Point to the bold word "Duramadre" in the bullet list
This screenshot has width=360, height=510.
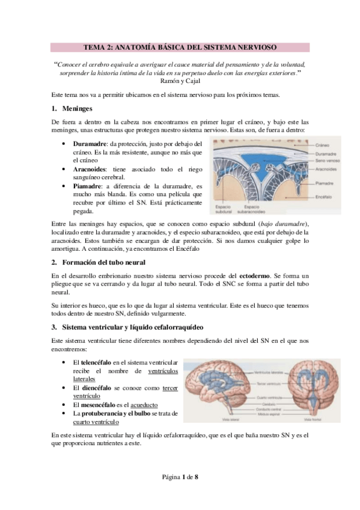pos(90,145)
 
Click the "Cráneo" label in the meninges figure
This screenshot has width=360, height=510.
pos(323,146)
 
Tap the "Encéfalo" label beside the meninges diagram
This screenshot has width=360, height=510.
pos(324,196)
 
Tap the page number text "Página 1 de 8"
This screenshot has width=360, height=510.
pos(180,476)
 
